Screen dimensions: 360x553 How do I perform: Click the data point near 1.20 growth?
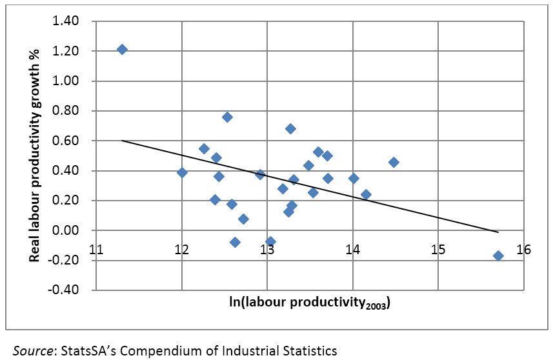tap(122, 50)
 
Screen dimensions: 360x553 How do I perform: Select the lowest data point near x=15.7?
tap(498, 255)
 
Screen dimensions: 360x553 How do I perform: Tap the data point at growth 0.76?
tap(227, 117)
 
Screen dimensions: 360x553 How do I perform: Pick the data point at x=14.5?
tap(394, 162)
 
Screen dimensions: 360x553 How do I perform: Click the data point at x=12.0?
tap(182, 172)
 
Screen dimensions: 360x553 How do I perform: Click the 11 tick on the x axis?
tap(97, 250)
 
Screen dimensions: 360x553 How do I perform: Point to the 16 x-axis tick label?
tap(523, 250)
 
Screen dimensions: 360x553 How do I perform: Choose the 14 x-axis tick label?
tap(352, 250)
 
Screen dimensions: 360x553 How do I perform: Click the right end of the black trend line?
tap(498, 232)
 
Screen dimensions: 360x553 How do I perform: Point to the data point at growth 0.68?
tap(290, 128)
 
